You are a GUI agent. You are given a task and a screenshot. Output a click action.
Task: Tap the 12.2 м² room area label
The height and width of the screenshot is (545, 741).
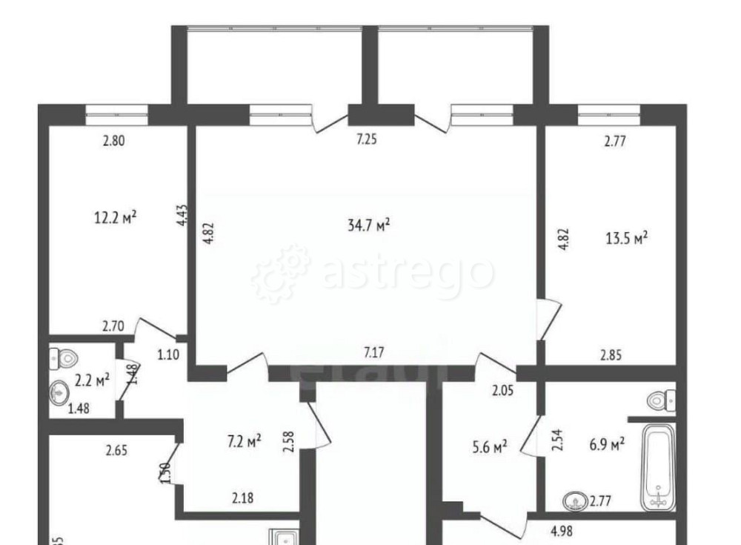click(x=116, y=218)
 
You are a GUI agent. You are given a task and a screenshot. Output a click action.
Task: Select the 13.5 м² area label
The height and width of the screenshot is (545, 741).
click(x=627, y=238)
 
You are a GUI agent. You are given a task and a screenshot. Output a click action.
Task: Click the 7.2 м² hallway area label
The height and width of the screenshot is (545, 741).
click(x=244, y=442)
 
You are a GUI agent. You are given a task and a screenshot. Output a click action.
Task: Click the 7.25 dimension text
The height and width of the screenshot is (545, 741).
click(x=367, y=139)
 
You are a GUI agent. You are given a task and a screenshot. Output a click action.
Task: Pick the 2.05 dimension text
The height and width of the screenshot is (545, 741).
click(x=502, y=388)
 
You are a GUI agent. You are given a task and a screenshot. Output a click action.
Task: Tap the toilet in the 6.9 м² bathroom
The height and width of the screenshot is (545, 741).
click(x=660, y=401)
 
